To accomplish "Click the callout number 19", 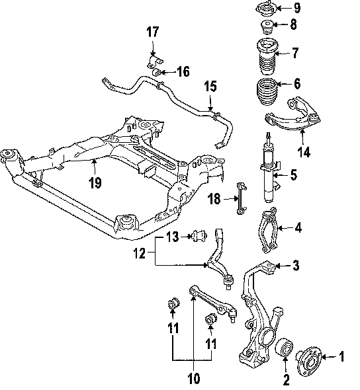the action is (x=95, y=183).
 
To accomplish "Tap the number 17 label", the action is (x=152, y=32).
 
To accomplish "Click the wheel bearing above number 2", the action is (x=285, y=348).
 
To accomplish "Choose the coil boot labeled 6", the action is (x=267, y=91).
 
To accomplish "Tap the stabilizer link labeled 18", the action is (x=241, y=198).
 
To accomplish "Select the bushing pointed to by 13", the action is (x=200, y=236).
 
